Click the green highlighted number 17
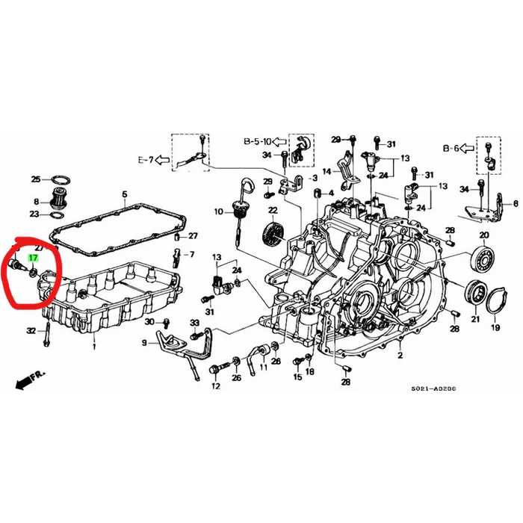point(33,257)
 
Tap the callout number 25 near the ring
point(35,179)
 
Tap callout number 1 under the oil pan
point(94,347)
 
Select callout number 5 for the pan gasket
point(126,194)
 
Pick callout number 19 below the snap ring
point(495,327)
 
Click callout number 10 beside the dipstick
point(219,212)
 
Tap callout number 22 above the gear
point(273,211)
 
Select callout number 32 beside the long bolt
point(31,329)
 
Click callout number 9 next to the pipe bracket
point(144,343)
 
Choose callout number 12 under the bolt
point(215,386)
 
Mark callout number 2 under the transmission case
point(400,356)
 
